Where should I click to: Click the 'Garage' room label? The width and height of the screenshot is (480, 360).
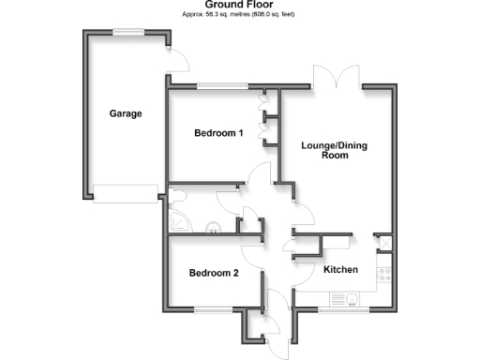(125, 114)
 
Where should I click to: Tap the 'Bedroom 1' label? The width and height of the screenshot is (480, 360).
(218, 133)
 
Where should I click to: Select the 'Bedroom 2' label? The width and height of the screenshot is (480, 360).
(214, 274)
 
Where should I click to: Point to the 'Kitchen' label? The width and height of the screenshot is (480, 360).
(341, 269)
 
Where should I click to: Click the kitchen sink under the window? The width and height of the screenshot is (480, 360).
(350, 300)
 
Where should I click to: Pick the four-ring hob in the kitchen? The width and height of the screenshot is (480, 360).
(383, 274)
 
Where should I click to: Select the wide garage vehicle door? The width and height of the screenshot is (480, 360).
(126, 192)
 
